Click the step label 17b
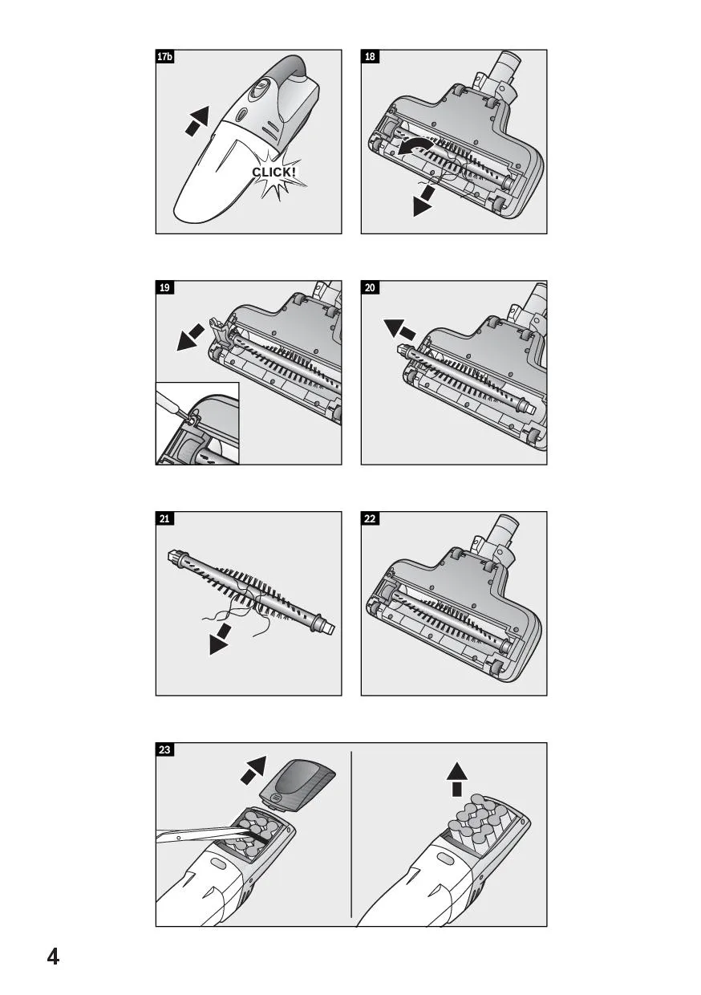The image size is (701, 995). (164, 57)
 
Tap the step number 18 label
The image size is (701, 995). (371, 57)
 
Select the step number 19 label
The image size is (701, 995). (164, 288)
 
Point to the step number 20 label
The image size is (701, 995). (371, 288)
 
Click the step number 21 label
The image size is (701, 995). (164, 519)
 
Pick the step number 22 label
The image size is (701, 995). (371, 519)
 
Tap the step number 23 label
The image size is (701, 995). (164, 749)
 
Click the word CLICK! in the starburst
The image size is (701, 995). (274, 173)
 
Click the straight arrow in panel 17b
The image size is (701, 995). (197, 120)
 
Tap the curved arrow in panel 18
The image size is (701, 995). (415, 148)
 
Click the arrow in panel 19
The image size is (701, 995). (190, 338)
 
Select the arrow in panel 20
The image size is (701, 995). (399, 329)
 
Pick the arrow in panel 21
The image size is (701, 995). (221, 639)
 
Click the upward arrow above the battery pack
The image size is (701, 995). (457, 783)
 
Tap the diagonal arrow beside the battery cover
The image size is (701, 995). (253, 770)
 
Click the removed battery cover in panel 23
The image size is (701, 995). (298, 786)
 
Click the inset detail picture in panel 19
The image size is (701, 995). (197, 424)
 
